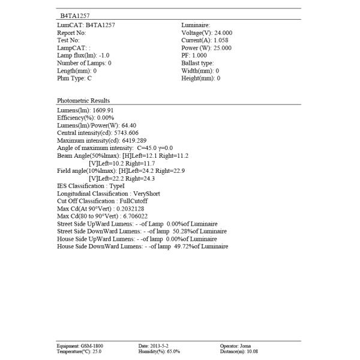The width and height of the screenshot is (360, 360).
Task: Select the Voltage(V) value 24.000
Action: [220, 32]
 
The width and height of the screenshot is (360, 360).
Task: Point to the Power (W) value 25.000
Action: [219, 48]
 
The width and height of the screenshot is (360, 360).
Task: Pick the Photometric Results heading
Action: [83, 100]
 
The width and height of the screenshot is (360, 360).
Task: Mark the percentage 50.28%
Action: [182, 231]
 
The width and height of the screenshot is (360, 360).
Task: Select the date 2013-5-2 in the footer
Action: [160, 346]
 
